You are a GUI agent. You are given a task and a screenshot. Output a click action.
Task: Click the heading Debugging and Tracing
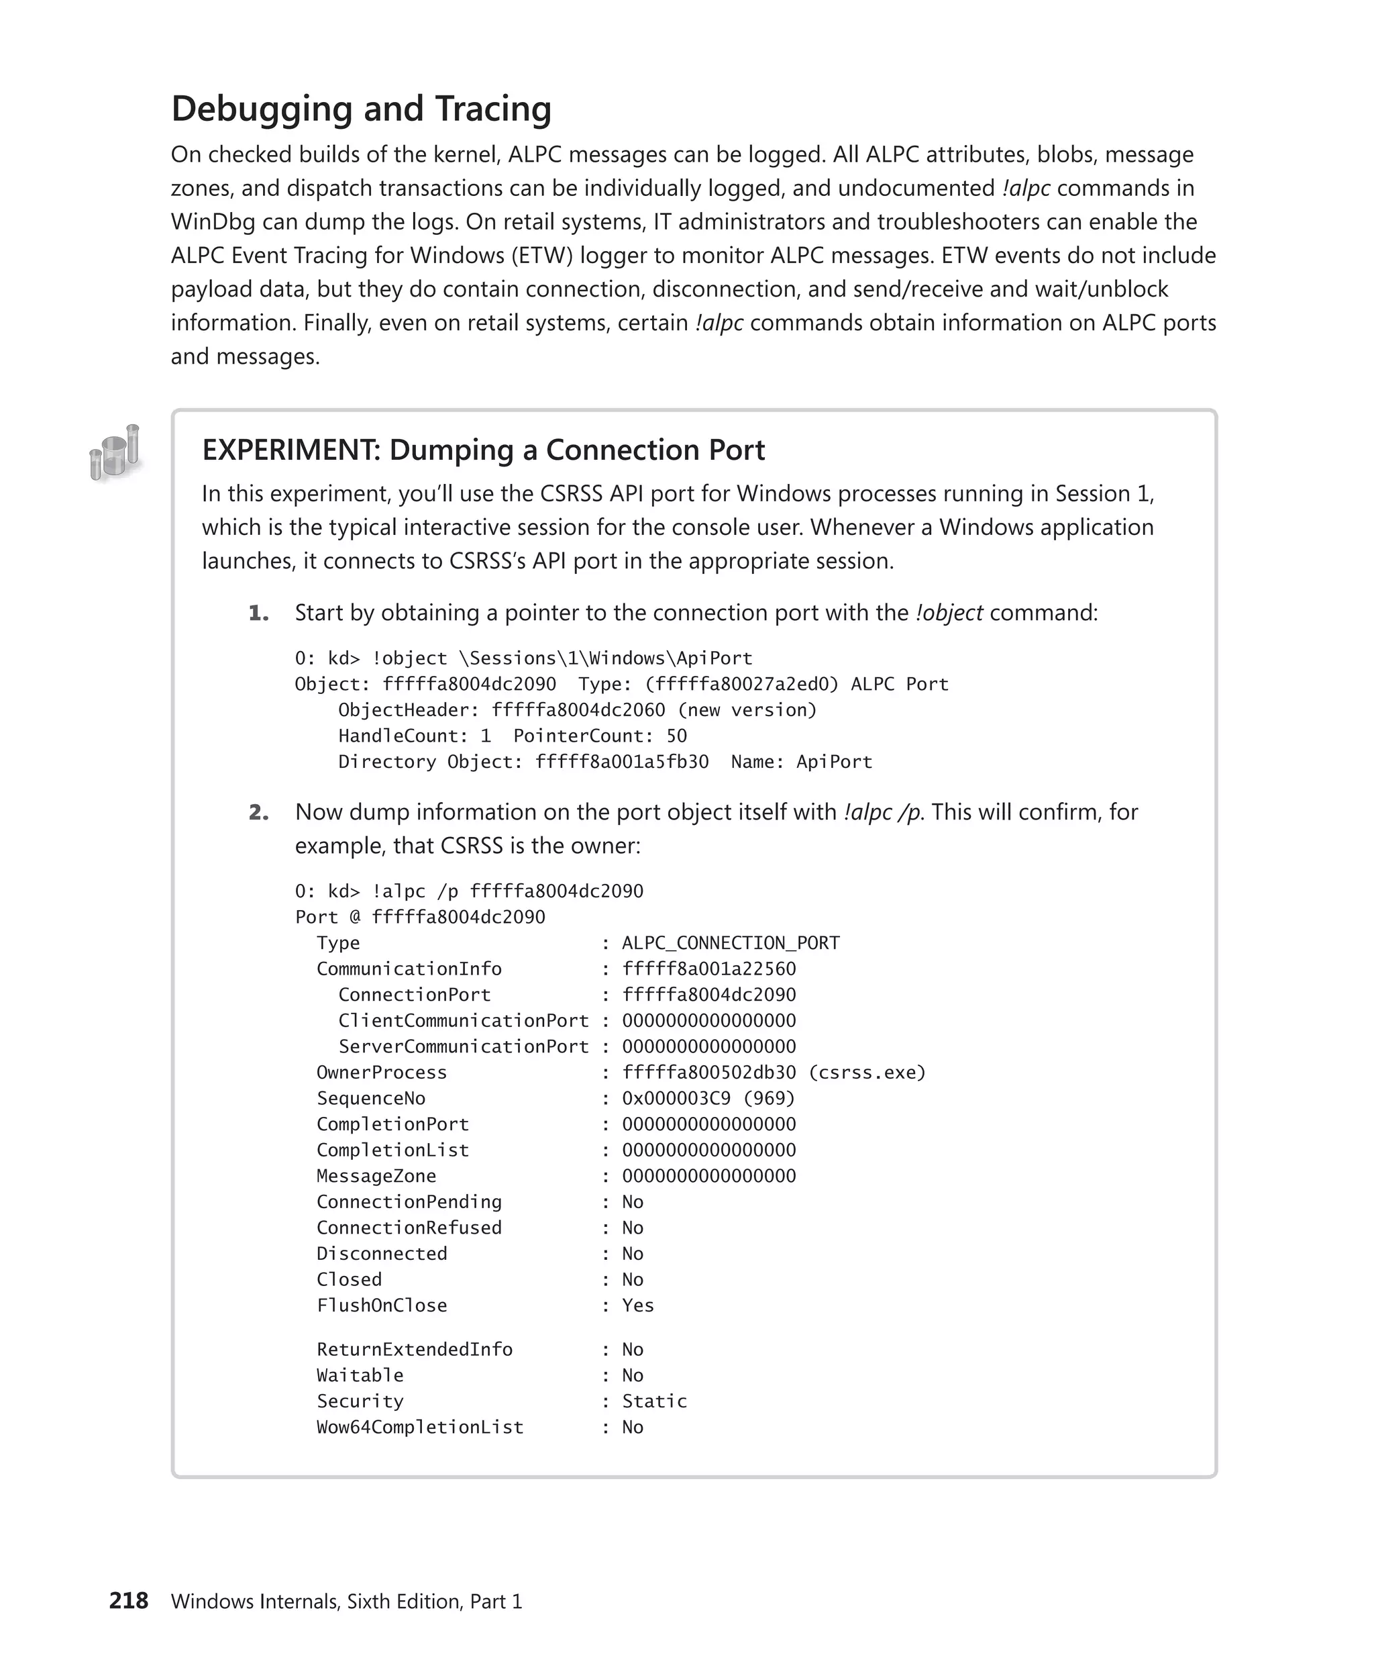click(x=361, y=109)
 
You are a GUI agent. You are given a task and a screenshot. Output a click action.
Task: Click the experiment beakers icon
click(x=115, y=453)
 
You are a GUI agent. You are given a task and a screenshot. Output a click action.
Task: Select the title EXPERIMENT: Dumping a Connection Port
click(x=483, y=450)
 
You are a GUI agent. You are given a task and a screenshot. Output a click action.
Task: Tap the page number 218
click(x=128, y=1600)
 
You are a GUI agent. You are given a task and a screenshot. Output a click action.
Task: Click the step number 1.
click(x=258, y=613)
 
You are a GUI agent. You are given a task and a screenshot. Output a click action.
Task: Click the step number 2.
click(x=258, y=812)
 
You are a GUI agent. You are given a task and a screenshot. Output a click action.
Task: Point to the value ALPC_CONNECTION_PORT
click(x=730, y=943)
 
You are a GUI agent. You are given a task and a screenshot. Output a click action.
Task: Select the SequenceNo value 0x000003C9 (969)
click(x=708, y=1098)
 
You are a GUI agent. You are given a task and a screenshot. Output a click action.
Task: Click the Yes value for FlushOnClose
click(x=638, y=1305)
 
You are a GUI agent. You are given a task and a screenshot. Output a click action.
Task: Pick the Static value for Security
click(x=653, y=1401)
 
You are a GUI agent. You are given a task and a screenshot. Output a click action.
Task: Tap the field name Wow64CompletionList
click(x=419, y=1427)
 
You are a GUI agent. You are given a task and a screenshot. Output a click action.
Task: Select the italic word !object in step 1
click(x=948, y=613)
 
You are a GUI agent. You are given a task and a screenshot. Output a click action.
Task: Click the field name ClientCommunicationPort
click(x=463, y=1021)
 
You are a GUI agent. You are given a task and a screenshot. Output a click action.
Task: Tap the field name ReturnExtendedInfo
click(x=414, y=1349)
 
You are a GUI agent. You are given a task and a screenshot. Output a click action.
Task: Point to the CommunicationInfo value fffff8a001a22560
click(x=708, y=969)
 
